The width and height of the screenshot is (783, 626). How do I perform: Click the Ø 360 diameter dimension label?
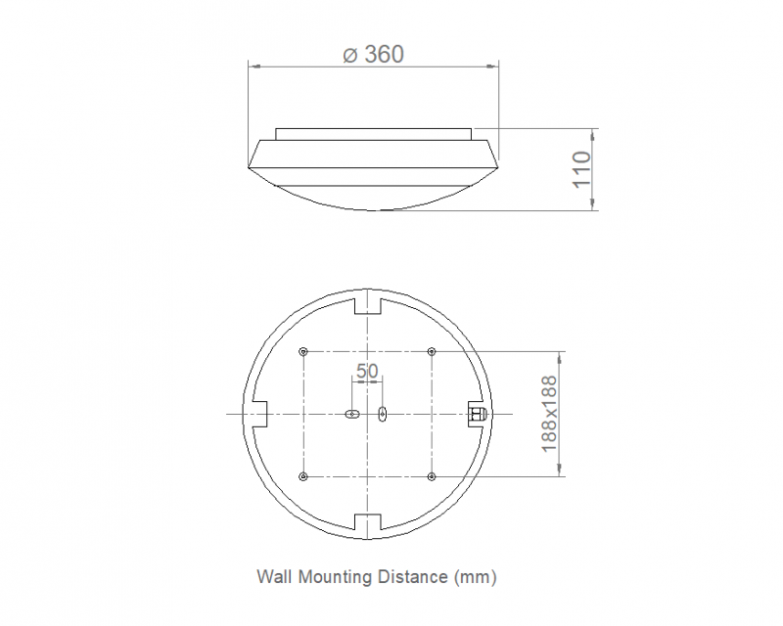point(374,55)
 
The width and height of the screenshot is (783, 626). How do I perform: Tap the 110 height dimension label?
point(581,170)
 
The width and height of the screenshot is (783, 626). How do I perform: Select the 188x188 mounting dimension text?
point(549,414)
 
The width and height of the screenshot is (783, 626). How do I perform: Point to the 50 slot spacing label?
point(367,371)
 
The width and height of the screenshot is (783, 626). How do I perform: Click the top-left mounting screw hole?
point(303,351)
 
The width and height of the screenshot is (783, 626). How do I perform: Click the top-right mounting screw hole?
point(432,351)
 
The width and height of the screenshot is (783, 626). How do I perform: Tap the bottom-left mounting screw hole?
point(303,476)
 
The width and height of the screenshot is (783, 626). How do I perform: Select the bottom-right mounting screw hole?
point(432,476)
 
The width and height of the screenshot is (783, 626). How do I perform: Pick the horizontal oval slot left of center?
point(352,414)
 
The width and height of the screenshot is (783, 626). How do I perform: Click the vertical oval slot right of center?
point(382,414)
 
